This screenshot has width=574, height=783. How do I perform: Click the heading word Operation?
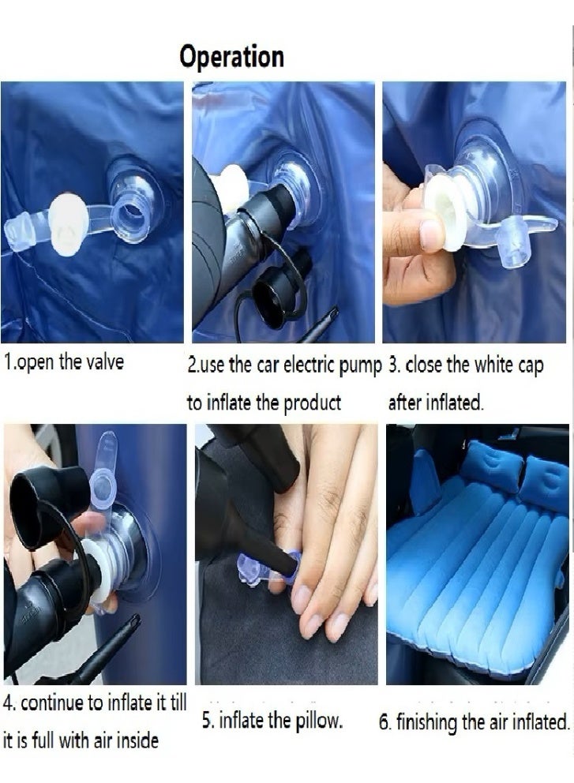point(231,57)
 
